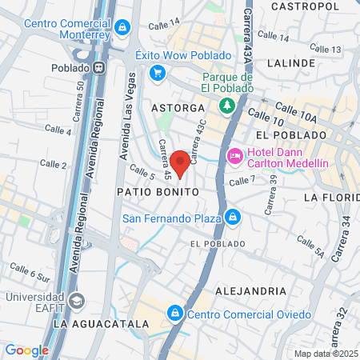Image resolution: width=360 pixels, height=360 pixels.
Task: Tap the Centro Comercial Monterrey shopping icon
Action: coord(121,28)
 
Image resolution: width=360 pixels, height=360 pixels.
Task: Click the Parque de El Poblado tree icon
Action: coord(227,105)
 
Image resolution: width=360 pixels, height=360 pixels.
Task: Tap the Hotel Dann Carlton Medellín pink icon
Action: coord(234,156)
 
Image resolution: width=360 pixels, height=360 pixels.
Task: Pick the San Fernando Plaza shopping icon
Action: coord(232,217)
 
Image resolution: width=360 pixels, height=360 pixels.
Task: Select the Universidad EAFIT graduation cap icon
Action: coord(77,301)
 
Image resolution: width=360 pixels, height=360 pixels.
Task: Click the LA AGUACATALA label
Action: coord(101,324)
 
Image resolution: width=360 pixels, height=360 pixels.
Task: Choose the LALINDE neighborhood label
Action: coord(293,62)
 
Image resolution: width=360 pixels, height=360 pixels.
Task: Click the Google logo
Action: coord(26,350)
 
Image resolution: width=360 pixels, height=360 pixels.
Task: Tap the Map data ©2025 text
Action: coord(325,353)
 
